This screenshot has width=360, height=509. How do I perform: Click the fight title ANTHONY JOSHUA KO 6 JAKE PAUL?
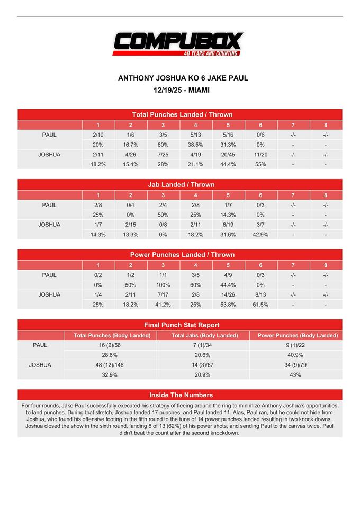[183, 78]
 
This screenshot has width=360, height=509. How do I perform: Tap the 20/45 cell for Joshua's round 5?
[228, 155]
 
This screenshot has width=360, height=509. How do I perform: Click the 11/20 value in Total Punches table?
[260, 155]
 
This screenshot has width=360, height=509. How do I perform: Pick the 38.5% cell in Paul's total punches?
[195, 145]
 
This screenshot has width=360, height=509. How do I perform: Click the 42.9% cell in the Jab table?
[260, 235]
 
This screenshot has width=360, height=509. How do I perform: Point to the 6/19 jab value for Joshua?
[228, 225]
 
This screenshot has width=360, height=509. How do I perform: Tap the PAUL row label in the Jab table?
[49, 205]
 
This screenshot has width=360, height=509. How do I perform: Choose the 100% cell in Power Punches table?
[163, 285]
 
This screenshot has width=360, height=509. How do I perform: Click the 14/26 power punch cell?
[228, 295]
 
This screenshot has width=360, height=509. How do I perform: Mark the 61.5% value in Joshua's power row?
[260, 305]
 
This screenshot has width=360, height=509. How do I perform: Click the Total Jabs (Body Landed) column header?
[203, 335]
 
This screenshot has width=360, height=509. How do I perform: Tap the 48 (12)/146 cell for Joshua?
[110, 365]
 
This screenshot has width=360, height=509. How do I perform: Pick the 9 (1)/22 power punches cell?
[295, 345]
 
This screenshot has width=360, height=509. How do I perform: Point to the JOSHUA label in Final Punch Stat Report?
[40, 365]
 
